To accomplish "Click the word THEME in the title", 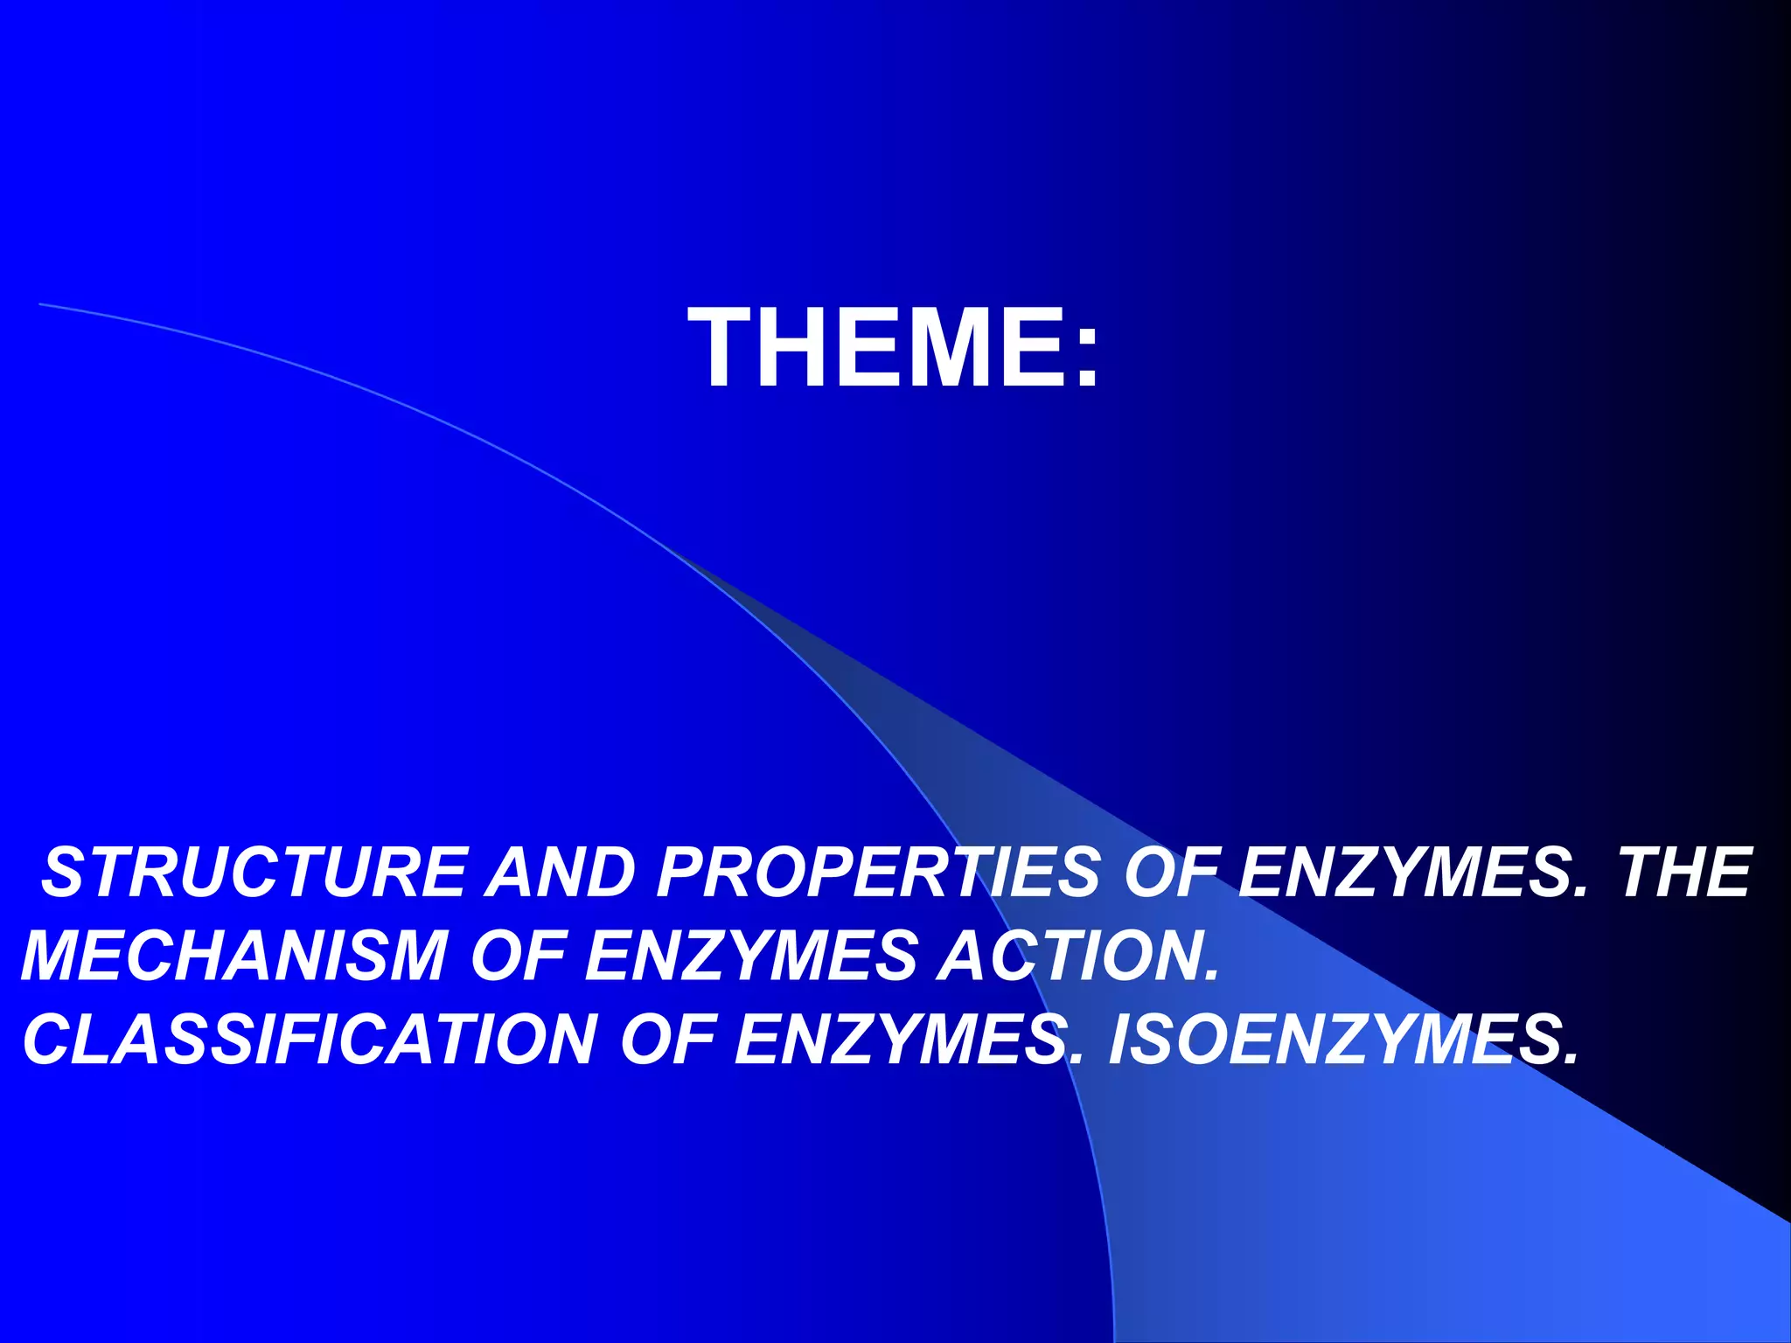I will coord(878,348).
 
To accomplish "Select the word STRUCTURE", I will coord(254,873).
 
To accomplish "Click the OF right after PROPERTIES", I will coord(1177,873).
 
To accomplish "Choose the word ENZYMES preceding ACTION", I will coord(752,956).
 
